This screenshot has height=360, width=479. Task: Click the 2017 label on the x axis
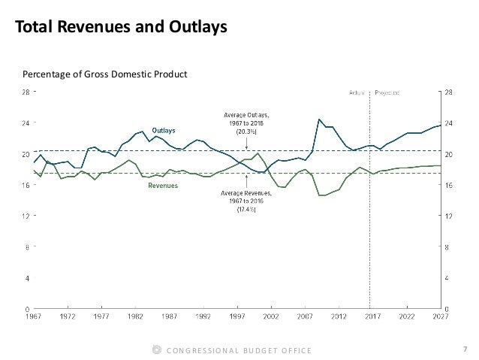370,316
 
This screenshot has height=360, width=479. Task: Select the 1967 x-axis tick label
34,316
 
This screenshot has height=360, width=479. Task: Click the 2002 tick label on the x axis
270,316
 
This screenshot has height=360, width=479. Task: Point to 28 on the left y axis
24,92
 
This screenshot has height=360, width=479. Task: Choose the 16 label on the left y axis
24,185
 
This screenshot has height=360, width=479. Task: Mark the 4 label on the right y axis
448,277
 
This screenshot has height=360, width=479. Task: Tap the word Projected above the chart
387,92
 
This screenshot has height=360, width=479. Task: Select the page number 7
465,349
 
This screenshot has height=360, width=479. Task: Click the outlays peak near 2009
319,119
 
